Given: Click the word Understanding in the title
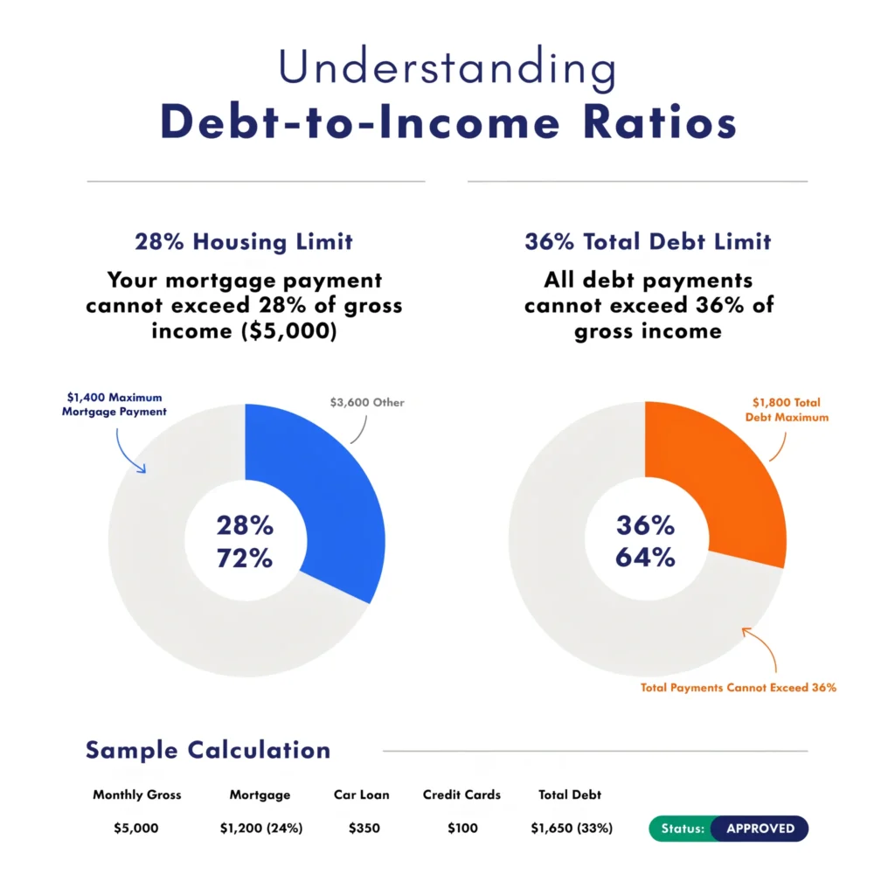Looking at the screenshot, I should [447, 68].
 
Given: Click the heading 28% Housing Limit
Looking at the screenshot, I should [244, 241].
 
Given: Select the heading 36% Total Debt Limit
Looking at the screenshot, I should [648, 241].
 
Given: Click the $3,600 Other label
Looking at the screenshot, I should [367, 403].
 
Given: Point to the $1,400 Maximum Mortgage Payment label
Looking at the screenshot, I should [114, 404].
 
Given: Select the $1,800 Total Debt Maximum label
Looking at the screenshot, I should [788, 410].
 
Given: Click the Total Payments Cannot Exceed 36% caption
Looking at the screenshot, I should [739, 688].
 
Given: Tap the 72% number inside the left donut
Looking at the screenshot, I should [245, 558].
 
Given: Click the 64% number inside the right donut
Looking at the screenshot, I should [645, 557].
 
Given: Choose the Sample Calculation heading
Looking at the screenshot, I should [208, 750].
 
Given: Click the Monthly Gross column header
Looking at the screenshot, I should [137, 795].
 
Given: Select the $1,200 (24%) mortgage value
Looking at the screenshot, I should [261, 829].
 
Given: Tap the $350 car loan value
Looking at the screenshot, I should [363, 829].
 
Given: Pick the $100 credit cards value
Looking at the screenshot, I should [461, 829].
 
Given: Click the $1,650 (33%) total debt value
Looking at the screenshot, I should [572, 829].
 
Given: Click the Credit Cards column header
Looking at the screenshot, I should [461, 795].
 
